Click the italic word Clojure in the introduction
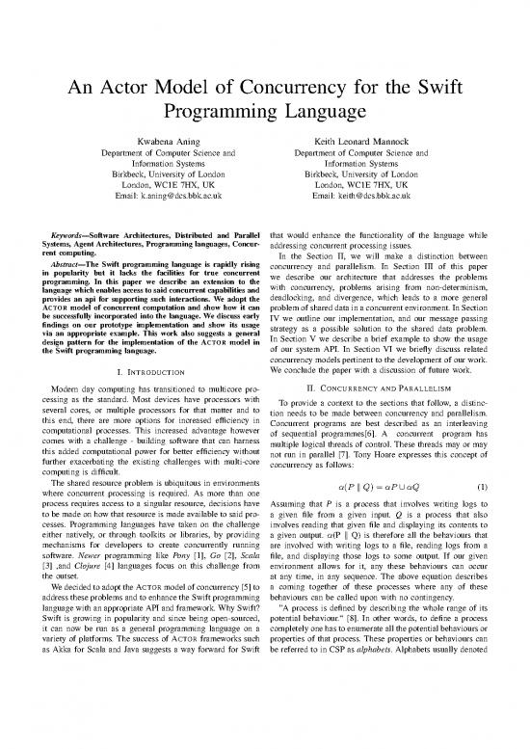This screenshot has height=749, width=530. click(59, 583)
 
